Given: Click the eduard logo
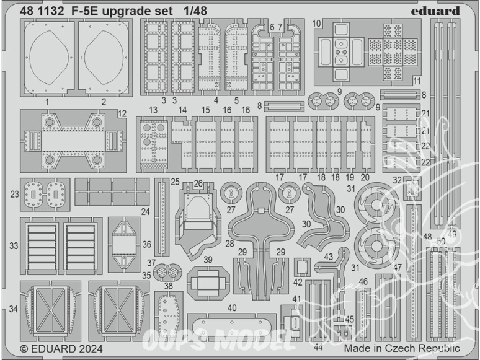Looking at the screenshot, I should pyautogui.click(x=437, y=11).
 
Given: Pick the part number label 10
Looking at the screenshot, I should pyautogui.click(x=316, y=24).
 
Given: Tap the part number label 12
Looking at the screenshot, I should pyautogui.click(x=122, y=113).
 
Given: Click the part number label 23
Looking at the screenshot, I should pyautogui.click(x=15, y=193).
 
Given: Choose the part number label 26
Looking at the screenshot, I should pyautogui.click(x=198, y=183).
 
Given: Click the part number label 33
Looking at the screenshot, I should pyautogui.click(x=14, y=245).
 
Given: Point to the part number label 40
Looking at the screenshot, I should pyautogui.click(x=231, y=308).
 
